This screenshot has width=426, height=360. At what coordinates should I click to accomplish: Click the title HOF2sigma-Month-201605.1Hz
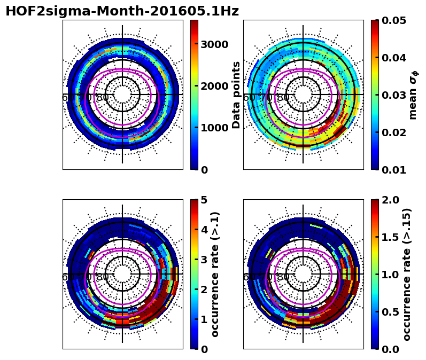[122, 12]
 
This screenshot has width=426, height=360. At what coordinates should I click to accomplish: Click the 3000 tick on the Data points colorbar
[214, 44]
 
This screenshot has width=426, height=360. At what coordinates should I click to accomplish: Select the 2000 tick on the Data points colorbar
[214, 86]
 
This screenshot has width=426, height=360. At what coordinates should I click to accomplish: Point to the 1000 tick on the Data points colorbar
[214, 128]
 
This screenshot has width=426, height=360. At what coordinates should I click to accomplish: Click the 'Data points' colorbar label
[236, 95]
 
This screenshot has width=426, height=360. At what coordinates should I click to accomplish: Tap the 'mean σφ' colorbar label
[413, 95]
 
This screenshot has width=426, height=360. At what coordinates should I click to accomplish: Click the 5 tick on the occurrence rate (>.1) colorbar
[204, 200]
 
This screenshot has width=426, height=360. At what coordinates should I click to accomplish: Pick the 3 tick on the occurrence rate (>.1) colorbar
[204, 260]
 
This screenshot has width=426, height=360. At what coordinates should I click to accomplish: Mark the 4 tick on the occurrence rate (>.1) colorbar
[204, 230]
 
